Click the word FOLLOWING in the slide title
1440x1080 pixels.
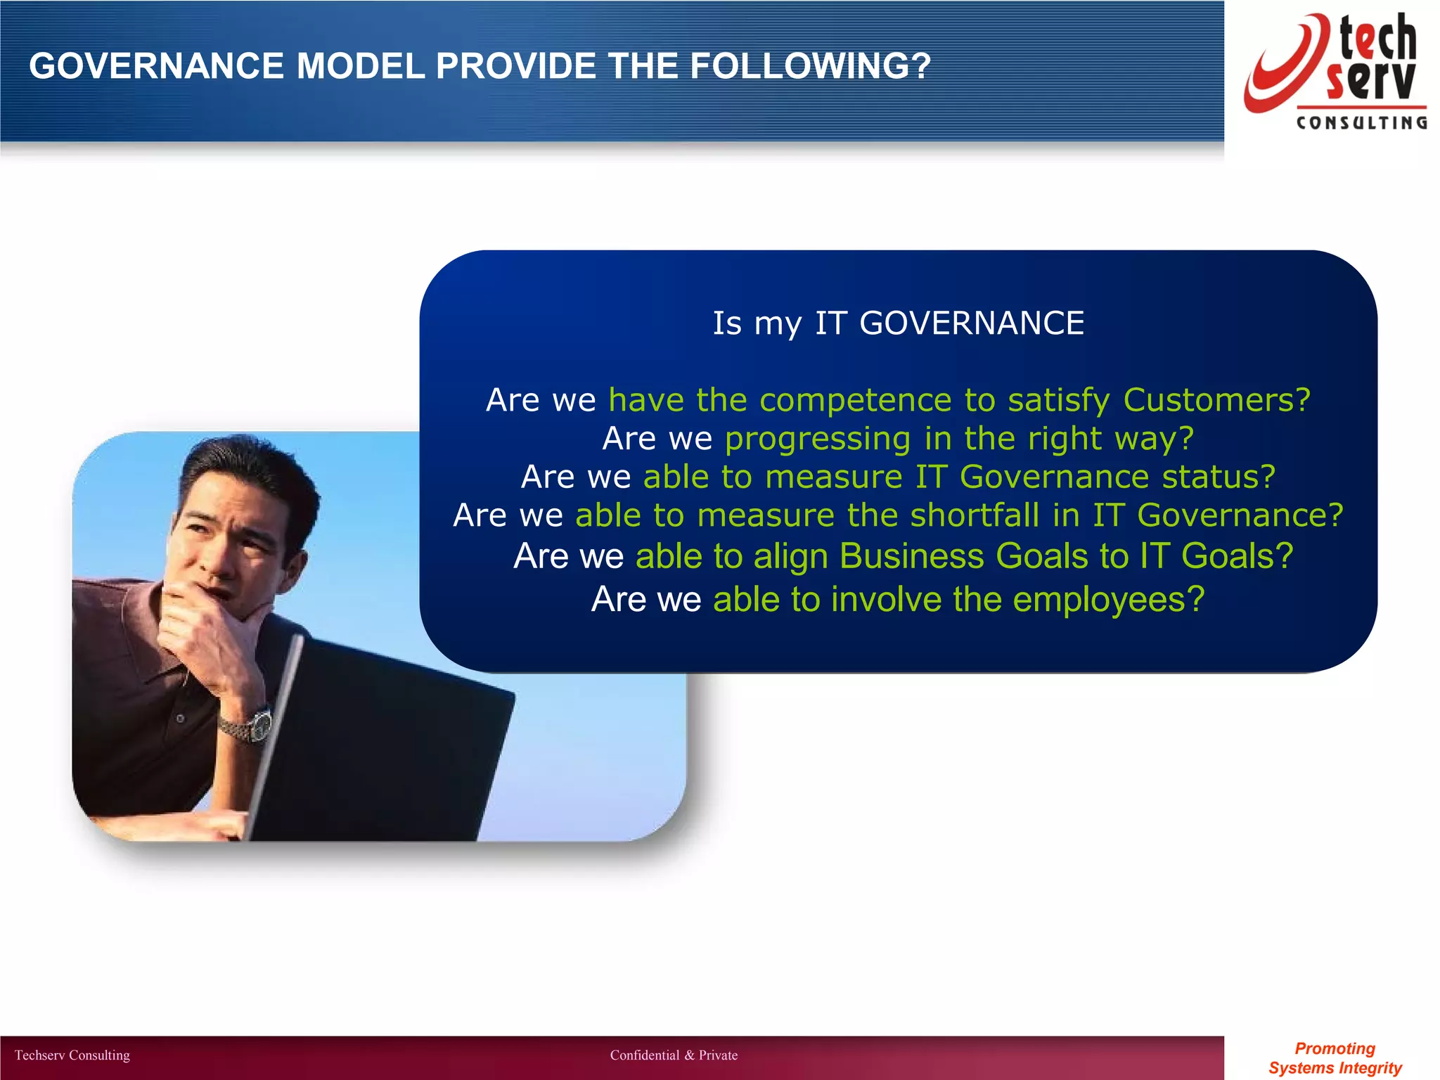809,67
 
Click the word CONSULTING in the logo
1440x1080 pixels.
1361,123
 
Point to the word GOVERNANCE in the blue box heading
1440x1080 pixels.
971,323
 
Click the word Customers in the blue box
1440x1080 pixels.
1216,400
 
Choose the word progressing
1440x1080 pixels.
818,439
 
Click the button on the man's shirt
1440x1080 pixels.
181,719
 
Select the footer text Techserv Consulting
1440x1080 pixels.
72,1055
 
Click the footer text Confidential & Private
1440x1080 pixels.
674,1055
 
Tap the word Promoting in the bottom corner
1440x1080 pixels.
1335,1048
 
